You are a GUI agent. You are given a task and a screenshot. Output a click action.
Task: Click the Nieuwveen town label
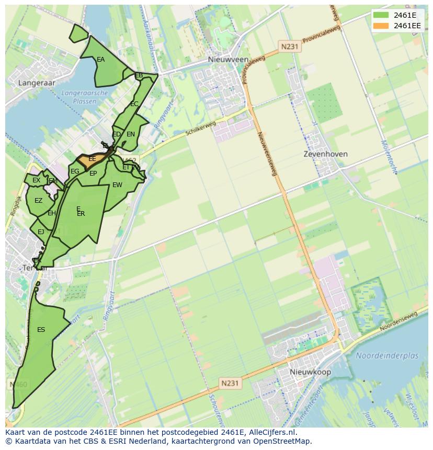point(228,60)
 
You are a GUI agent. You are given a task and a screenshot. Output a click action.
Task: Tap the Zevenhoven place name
point(325,154)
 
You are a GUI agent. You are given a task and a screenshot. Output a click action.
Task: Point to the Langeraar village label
point(36,83)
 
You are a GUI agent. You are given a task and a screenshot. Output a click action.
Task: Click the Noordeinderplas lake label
point(387,355)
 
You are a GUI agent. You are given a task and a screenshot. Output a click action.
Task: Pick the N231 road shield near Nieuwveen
point(289,47)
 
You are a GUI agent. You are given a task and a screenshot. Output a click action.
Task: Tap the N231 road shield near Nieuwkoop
point(230,383)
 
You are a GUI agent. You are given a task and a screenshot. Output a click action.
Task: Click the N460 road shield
point(18,385)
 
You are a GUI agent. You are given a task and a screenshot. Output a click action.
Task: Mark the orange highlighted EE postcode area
point(92,159)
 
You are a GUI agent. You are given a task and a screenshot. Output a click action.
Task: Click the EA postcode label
point(100,60)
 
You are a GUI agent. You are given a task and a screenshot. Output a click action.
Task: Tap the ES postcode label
point(41,330)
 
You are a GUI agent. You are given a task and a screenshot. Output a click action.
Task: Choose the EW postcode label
point(117,185)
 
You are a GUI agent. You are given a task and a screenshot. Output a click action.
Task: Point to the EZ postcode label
point(38,201)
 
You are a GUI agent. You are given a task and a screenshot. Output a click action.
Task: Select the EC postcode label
point(134,104)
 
